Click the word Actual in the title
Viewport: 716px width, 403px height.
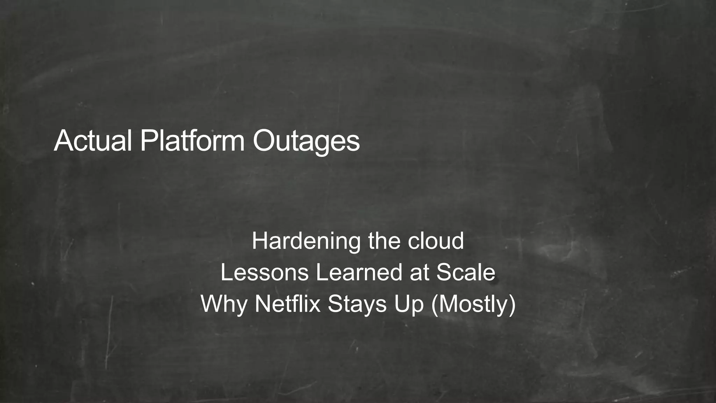(x=93, y=141)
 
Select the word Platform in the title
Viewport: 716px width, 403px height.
(x=192, y=141)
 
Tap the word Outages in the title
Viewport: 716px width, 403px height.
(x=306, y=141)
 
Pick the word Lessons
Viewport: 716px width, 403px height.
(x=265, y=273)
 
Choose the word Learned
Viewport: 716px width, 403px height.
(x=359, y=273)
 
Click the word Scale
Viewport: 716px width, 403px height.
(x=466, y=273)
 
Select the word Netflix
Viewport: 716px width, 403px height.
(x=287, y=304)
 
